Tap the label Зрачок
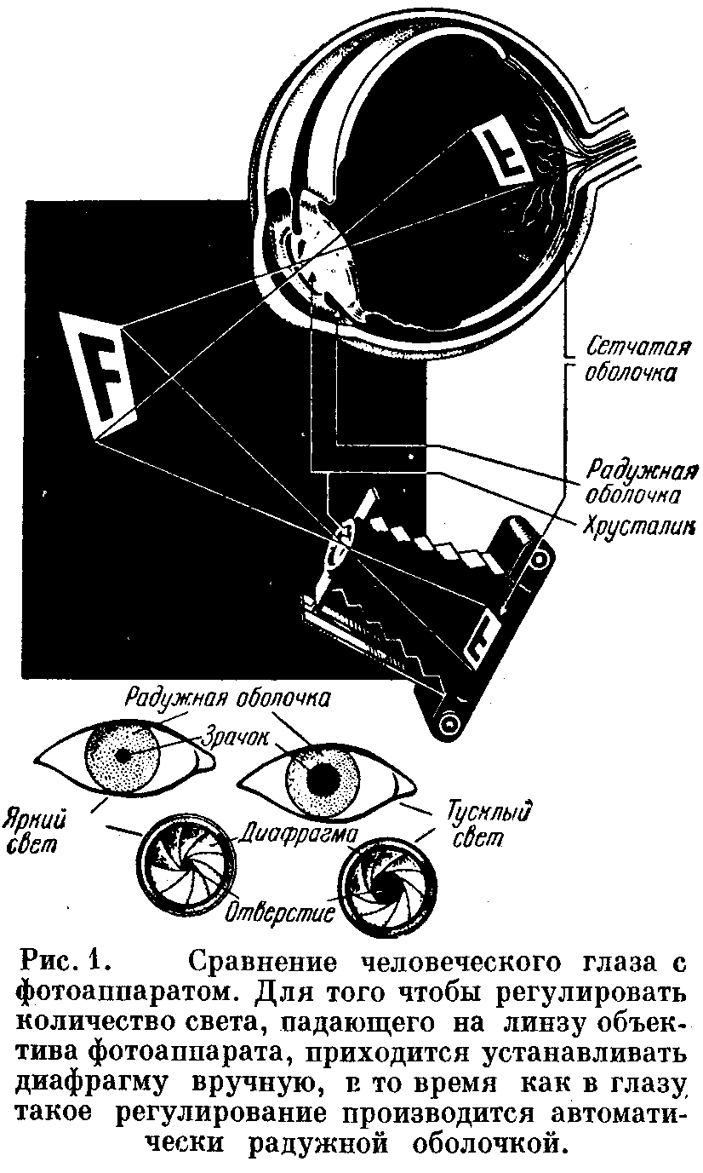[225, 734]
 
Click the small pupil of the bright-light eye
[124, 755]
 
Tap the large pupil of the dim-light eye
[324, 776]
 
